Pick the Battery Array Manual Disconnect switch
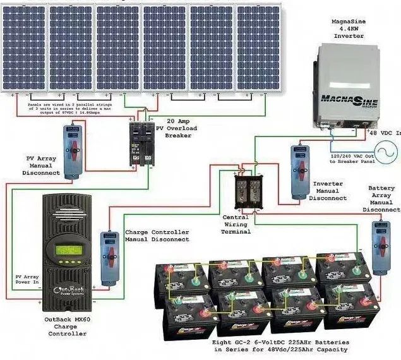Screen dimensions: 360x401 pos(380,246)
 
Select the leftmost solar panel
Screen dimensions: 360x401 pos(25,47)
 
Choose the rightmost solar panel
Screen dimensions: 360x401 pos(259,47)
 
